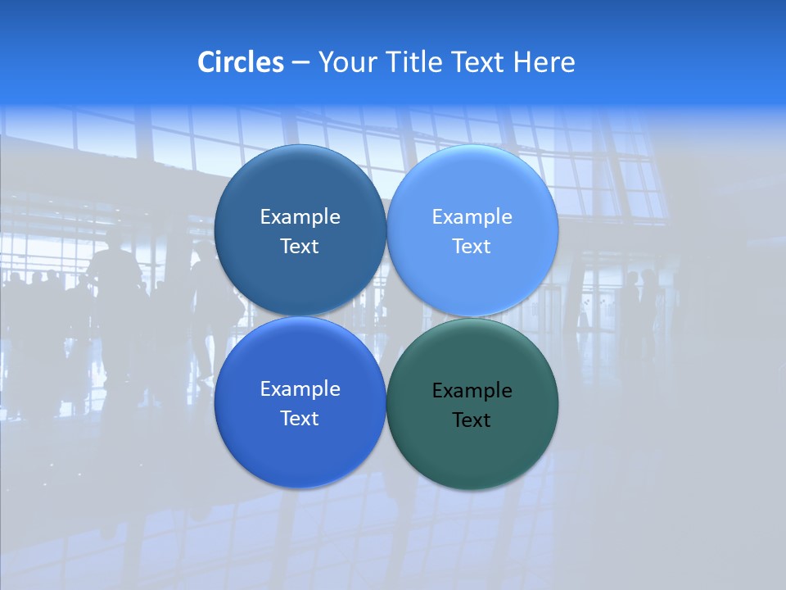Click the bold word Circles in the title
pos(241,62)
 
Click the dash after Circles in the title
pos(300,62)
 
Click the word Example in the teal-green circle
pos(472,391)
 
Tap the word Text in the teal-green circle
pos(472,420)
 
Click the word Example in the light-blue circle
pos(472,217)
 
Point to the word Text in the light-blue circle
pos(472,247)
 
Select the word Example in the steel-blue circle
pos(300,217)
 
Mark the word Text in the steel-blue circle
pos(300,247)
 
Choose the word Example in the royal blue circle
pos(300,389)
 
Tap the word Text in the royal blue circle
pos(300,419)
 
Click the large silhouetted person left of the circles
pos(115,303)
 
